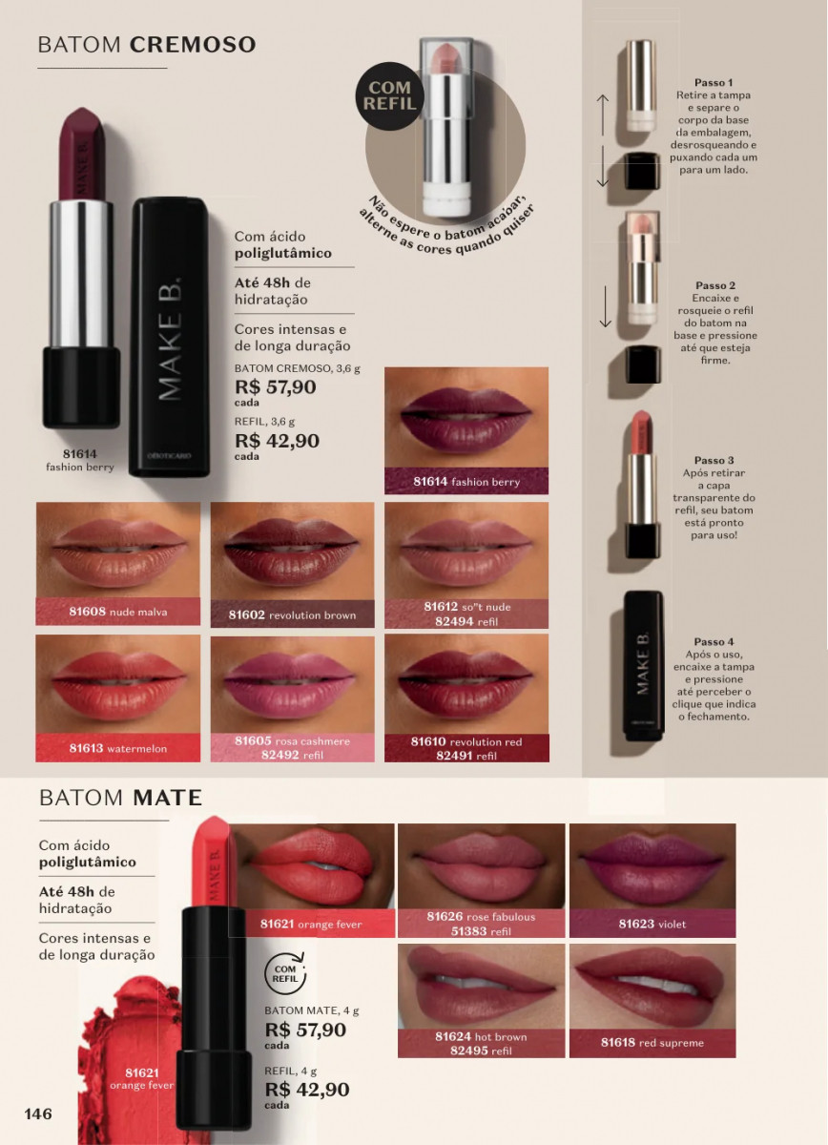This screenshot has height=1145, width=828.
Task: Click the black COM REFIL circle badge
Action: pos(389,95)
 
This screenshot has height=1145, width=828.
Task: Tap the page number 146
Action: pos(38,1114)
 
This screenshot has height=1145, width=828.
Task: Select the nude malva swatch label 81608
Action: pos(118,612)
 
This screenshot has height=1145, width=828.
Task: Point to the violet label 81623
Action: pos(652,924)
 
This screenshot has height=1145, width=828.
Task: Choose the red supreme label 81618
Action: pos(652,1043)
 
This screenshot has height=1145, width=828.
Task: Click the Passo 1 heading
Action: pos(714,82)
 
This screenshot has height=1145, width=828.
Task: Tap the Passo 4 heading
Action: pos(714,641)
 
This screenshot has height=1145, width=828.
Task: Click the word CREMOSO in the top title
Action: pos(193,45)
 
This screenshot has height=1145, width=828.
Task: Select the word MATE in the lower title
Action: pos(168,798)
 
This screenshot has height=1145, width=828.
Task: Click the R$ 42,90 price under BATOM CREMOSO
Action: pos(277,441)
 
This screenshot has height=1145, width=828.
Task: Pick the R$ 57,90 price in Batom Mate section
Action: pos(305,1030)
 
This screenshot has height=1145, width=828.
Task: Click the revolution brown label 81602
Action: pos(292,614)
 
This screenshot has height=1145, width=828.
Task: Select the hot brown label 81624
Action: pos(481,1043)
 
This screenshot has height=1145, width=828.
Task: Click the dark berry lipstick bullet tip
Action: pos(83,110)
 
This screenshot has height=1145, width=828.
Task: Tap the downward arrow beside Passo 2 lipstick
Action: pos(606,306)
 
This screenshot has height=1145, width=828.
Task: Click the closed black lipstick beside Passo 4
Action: pos(644,666)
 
